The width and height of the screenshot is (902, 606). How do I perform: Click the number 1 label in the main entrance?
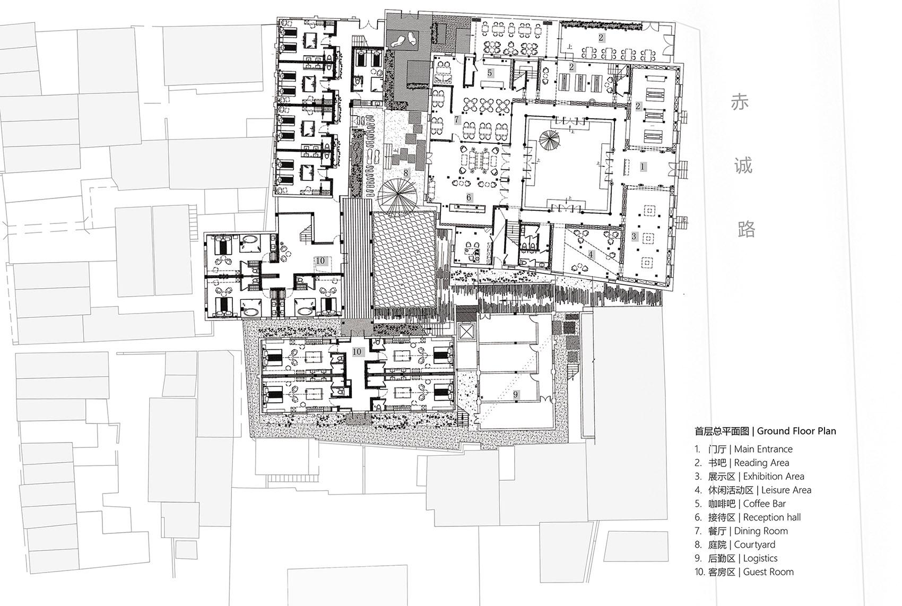coord(643,166)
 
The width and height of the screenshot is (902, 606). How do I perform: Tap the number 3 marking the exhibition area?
coord(634,236)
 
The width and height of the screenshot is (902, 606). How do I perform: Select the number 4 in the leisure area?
coord(591,255)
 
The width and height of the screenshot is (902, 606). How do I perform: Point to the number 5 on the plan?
coord(490,73)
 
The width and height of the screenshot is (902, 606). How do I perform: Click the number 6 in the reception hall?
coord(469,197)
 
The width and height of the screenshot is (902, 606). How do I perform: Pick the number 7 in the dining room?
coord(457,119)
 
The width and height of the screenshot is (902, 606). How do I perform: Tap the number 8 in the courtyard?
coord(406,173)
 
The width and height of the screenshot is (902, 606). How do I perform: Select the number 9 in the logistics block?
coord(515,395)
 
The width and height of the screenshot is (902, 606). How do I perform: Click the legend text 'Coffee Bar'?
coord(764,504)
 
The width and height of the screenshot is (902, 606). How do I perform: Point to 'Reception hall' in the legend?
coord(772,517)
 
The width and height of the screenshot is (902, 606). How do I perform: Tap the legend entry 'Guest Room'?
coord(768,572)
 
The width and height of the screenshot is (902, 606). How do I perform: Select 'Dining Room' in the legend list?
coord(761,531)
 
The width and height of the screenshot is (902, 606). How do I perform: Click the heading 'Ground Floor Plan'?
coord(796,431)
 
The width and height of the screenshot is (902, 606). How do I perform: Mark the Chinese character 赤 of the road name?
coord(740,102)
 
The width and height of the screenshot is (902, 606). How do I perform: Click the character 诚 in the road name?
coord(743,166)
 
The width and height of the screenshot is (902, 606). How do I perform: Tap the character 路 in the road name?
coord(746,229)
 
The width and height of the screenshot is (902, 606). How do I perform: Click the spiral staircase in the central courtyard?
coord(549,141)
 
